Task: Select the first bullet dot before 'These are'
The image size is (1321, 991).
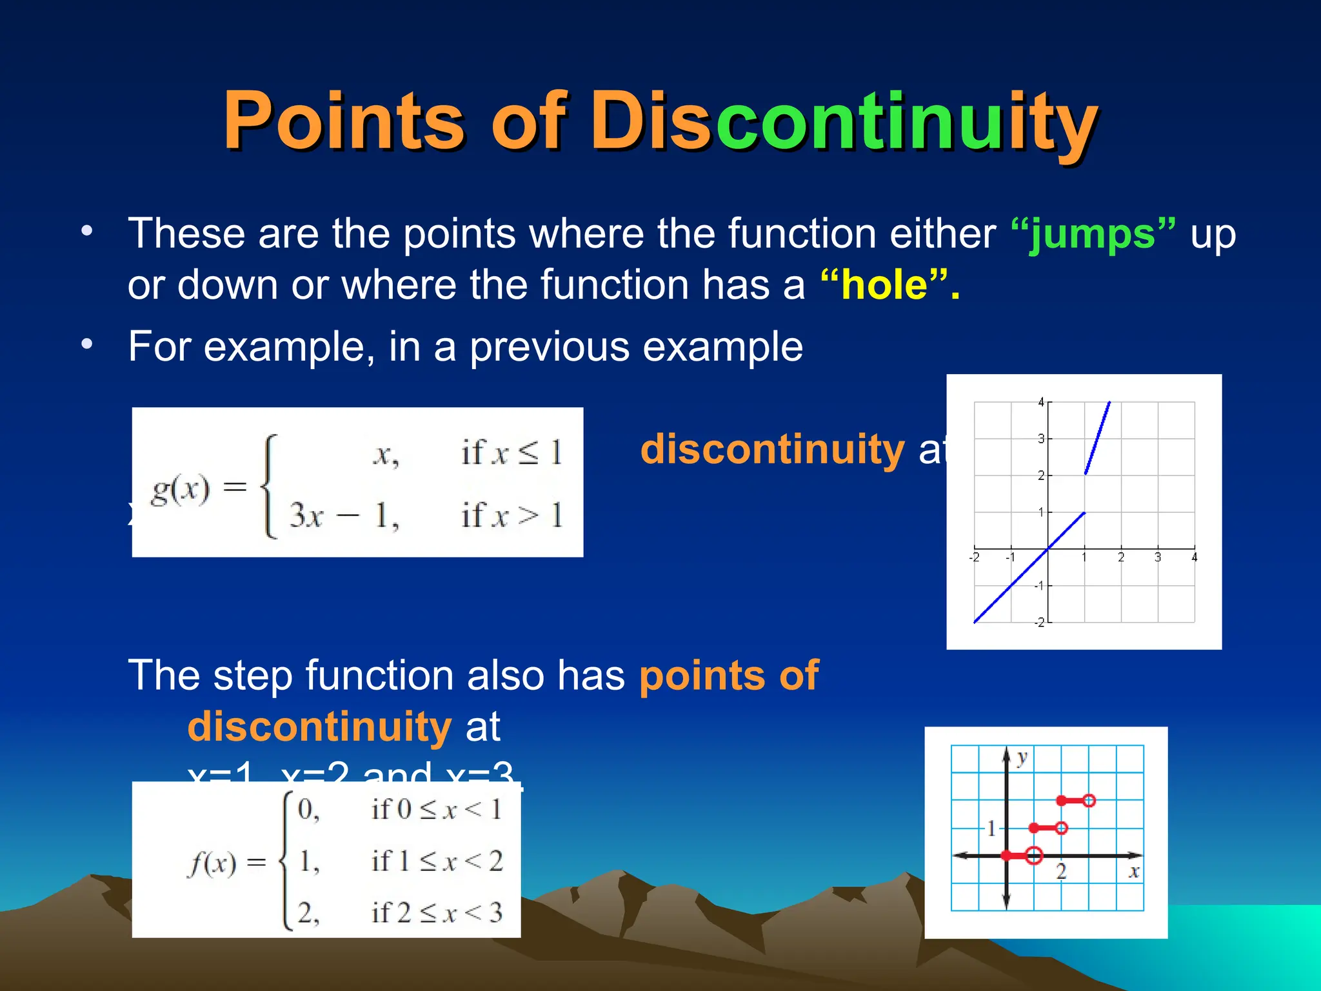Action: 87,230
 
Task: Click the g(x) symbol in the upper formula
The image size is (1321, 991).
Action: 181,490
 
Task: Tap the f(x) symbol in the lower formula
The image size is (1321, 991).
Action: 212,863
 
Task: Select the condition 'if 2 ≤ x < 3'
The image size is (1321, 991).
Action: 437,913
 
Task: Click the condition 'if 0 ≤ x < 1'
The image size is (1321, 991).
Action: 437,810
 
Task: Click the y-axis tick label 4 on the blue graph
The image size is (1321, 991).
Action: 1040,403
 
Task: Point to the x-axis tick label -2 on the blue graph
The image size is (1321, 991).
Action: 974,557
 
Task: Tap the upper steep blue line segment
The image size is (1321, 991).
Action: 1098,437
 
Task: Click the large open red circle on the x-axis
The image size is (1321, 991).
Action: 1034,856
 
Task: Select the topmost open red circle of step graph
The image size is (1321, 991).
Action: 1089,801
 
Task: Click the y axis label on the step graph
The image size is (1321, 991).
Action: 1022,758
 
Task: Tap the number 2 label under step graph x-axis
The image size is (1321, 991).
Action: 1061,873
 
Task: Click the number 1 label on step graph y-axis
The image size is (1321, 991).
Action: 991,828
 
